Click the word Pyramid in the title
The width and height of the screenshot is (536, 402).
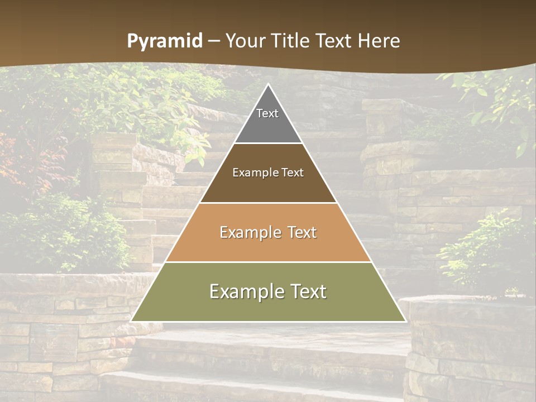(164, 41)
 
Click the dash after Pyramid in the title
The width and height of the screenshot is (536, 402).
(213, 41)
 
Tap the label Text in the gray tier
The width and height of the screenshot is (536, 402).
(267, 113)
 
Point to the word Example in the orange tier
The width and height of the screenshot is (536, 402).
(248, 232)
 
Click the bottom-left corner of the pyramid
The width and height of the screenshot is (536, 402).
(132, 321)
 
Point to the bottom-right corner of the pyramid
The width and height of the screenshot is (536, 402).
(405, 321)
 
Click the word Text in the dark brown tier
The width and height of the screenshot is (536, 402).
(292, 173)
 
